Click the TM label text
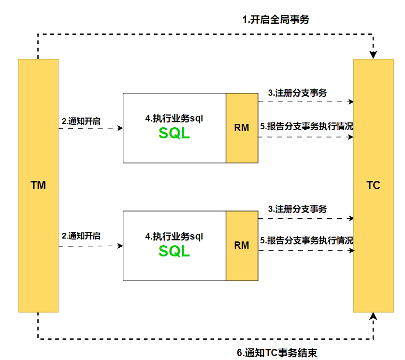pos(38,185)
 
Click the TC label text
pos(373,185)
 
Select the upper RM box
pos(242,128)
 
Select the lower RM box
pos(242,245)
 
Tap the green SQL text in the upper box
pos(174,134)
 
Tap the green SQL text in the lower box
pos(174,251)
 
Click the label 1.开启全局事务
pos(275,20)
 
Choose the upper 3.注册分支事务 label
pos(297,93)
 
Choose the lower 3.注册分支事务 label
pos(297,209)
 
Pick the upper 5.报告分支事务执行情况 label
pos(306,127)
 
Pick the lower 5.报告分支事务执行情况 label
pos(306,240)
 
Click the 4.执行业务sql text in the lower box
pos(174,237)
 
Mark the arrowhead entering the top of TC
pos(373,55)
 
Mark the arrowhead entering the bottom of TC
pos(373,316)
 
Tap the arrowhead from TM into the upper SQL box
pos(120,128)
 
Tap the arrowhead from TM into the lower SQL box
pos(120,246)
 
